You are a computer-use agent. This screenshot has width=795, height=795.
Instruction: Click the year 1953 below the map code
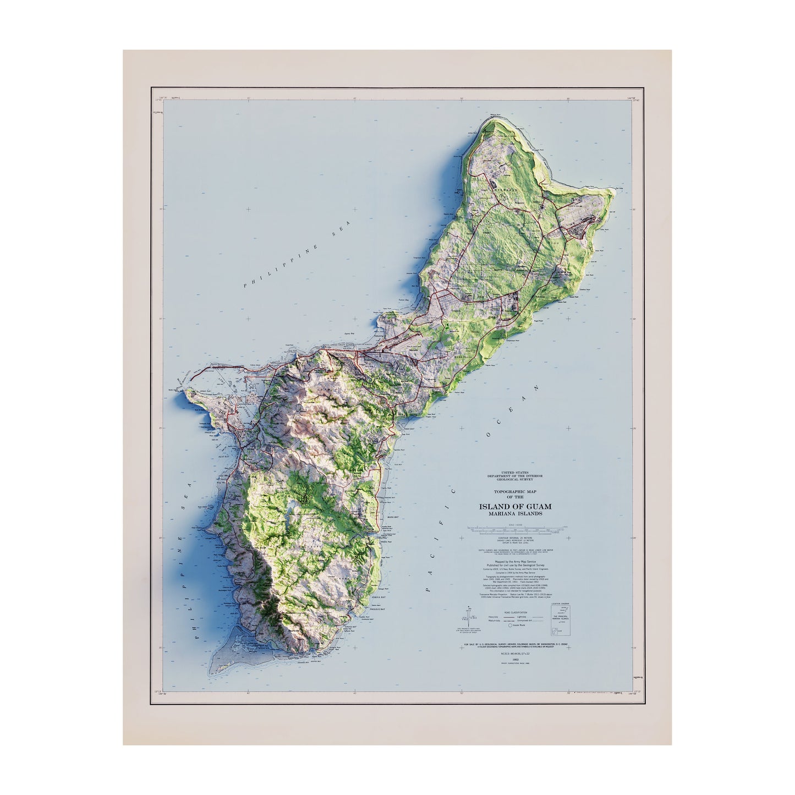(x=515, y=659)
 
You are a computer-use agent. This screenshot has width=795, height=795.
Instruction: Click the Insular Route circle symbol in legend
(x=509, y=625)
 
